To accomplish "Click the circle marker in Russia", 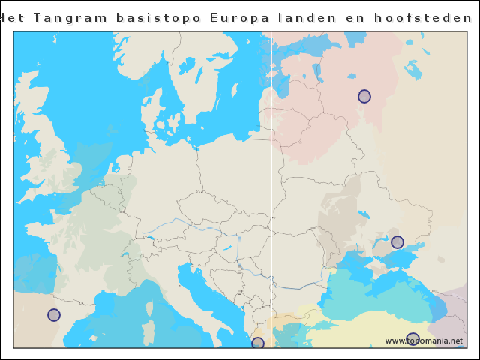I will tap(364, 96).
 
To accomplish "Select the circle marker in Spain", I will tap(54, 315).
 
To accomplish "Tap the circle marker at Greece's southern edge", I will tap(258, 343).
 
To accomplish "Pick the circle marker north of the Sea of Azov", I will tap(397, 242).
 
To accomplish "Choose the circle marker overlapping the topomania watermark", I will tap(412, 339).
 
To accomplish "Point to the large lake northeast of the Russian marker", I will tap(413, 70).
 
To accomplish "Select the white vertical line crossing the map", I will tap(271, 187).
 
